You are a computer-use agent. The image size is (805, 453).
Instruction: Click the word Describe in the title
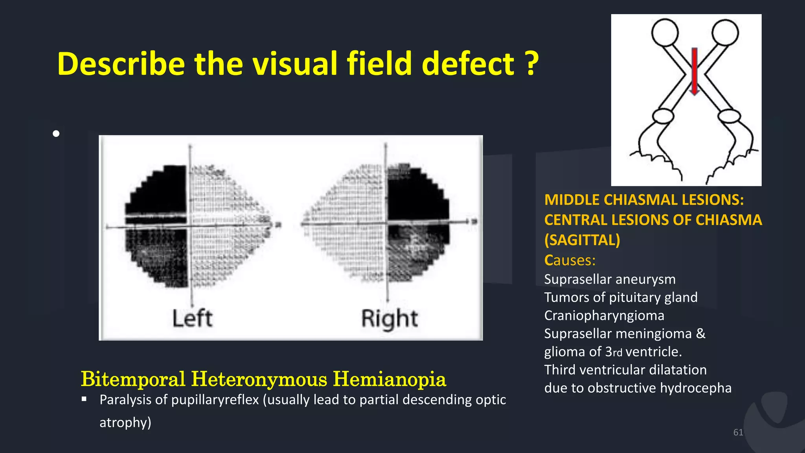click(x=121, y=64)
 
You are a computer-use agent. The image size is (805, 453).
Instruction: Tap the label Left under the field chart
click(x=192, y=318)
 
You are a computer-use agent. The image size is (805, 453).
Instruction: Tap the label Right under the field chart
click(x=389, y=319)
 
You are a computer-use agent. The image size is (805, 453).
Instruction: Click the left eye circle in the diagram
click(x=665, y=32)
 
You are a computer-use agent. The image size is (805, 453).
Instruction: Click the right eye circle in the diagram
click(x=725, y=32)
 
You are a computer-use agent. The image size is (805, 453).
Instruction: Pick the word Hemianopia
click(x=389, y=379)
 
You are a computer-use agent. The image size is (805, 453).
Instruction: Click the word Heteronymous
click(x=259, y=379)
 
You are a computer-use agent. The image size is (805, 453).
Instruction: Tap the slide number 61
click(x=738, y=433)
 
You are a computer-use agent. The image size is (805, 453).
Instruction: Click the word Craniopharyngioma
click(x=604, y=315)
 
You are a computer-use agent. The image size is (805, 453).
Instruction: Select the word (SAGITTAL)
click(x=582, y=240)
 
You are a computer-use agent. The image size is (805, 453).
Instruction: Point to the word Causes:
click(x=570, y=260)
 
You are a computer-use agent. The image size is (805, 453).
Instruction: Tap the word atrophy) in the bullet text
click(x=125, y=422)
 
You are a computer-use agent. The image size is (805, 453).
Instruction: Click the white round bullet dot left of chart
click(x=56, y=134)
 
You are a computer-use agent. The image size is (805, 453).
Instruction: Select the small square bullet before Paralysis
click(x=84, y=399)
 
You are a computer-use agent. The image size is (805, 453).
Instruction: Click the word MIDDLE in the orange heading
click(x=572, y=200)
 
